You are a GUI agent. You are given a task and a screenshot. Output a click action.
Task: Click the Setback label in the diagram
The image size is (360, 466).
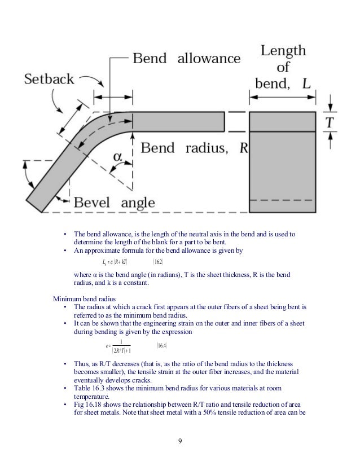pyautogui.click(x=49, y=79)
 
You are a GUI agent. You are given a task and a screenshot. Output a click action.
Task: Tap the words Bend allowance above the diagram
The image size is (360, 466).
pyautogui.click(x=186, y=59)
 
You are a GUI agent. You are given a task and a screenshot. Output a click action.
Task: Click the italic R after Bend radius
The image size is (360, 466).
pyautogui.click(x=244, y=148)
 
